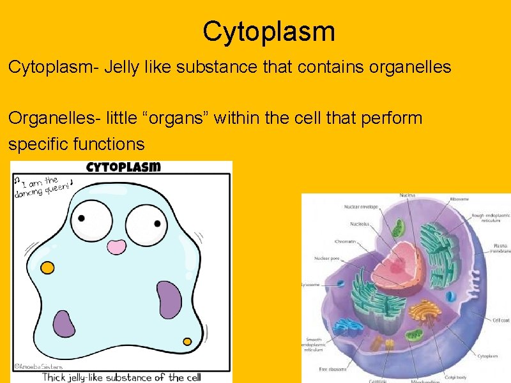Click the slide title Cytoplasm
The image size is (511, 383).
(x=268, y=31)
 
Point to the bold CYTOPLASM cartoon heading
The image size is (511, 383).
(x=123, y=167)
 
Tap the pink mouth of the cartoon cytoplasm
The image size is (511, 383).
(x=116, y=247)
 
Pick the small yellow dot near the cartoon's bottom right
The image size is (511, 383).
(x=187, y=342)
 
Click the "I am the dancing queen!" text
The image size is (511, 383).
(x=43, y=186)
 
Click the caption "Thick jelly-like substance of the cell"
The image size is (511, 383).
(x=121, y=377)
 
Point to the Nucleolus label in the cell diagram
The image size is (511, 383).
(x=359, y=224)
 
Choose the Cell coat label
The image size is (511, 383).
(x=500, y=320)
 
